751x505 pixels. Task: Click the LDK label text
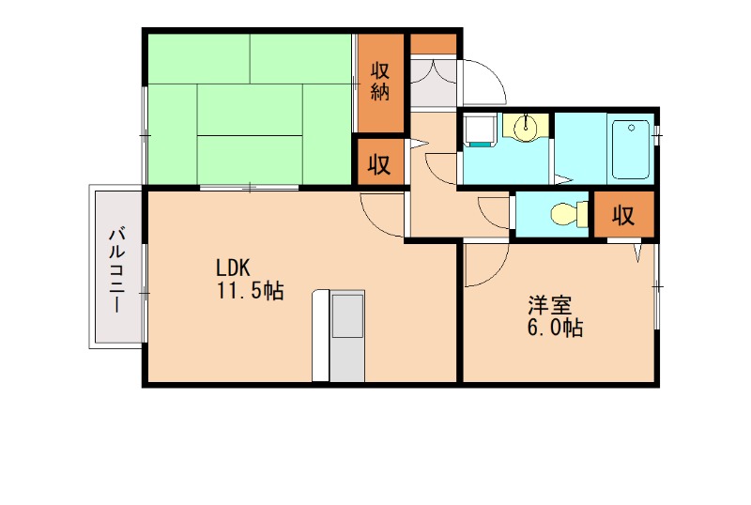tap(233, 268)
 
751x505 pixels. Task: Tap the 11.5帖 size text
tap(251, 291)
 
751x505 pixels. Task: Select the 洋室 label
tap(550, 306)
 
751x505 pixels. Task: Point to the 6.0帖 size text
tap(555, 329)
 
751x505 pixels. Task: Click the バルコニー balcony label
tap(117, 270)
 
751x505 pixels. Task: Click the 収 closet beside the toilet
tap(623, 216)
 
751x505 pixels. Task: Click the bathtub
tap(631, 149)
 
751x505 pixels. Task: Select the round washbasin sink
tap(526, 128)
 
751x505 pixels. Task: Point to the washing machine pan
tap(480, 130)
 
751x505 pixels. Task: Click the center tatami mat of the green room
tap(250, 110)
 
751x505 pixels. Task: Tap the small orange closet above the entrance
tap(434, 44)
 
